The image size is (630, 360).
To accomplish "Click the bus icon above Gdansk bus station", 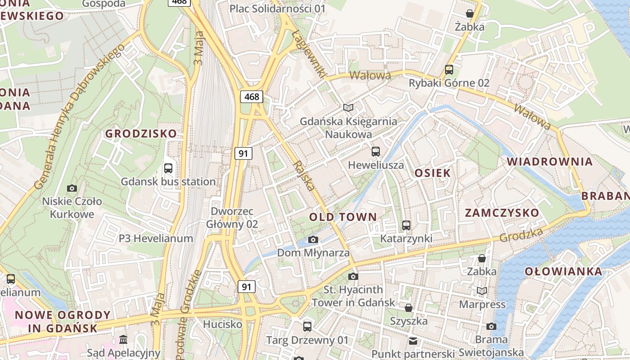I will [168, 168].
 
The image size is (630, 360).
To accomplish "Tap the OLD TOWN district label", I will [343, 217].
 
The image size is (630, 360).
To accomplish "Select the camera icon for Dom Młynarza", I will [313, 239].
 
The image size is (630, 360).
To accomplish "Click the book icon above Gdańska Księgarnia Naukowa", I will [348, 108].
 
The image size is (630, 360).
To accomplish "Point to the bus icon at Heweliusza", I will [376, 152].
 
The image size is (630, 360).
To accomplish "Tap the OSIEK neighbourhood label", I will [432, 173].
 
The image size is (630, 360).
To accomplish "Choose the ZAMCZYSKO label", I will [502, 213].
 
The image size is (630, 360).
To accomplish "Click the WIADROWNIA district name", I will [549, 162].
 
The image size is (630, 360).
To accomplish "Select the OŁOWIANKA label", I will [563, 271].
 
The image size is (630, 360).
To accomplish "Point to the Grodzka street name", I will [522, 234].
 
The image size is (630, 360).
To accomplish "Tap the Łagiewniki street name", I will [308, 54].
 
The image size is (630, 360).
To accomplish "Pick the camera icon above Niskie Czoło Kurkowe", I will [72, 188].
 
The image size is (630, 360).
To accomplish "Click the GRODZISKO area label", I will [141, 134].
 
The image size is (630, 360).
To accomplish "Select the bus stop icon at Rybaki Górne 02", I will [449, 70].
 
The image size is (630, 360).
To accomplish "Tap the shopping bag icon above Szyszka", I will [409, 308].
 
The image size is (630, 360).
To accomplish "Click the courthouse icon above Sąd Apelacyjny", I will [123, 339].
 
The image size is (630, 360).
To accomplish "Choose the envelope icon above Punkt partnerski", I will [413, 341].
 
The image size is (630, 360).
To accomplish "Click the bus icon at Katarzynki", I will [406, 225].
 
